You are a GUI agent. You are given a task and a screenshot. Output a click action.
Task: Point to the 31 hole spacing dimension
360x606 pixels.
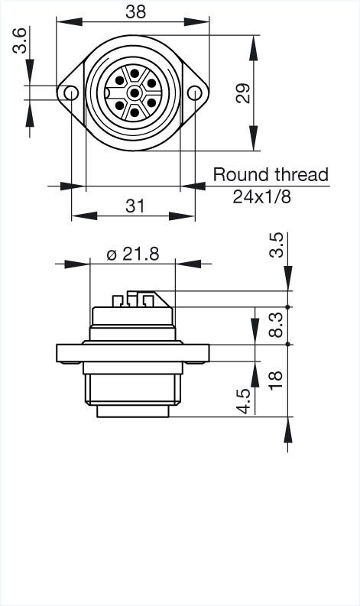click(x=135, y=205)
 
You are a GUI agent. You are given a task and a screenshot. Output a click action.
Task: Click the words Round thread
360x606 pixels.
click(x=270, y=174)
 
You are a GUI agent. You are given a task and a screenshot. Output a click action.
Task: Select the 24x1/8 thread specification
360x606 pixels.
click(x=262, y=196)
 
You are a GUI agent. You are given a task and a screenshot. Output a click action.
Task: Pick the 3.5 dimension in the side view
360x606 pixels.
click(x=276, y=246)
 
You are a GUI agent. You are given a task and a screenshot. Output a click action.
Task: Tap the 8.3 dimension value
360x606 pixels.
click(x=276, y=325)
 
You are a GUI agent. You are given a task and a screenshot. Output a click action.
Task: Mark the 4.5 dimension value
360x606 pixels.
click(x=244, y=400)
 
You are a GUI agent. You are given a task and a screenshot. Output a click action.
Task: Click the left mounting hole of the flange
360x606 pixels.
click(x=72, y=93)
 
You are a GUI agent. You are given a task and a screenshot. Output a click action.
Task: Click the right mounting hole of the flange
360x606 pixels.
click(x=196, y=93)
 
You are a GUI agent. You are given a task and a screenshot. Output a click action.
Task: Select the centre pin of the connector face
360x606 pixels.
click(x=135, y=93)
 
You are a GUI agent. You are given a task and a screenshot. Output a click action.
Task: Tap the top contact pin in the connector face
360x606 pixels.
click(x=135, y=75)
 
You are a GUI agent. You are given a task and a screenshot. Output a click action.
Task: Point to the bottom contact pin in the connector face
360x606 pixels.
click(x=135, y=112)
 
